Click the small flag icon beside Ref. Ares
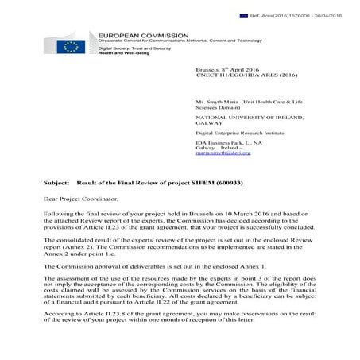pos(244,16)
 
